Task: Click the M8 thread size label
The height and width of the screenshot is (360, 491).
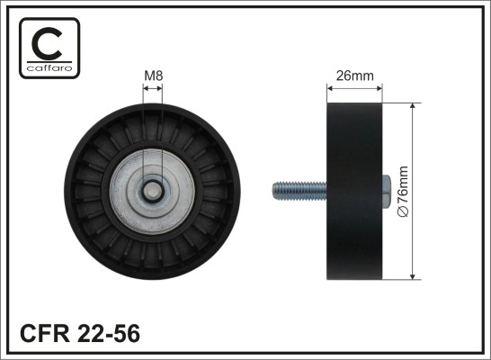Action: click(x=153, y=76)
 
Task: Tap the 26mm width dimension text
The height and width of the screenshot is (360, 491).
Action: click(x=354, y=76)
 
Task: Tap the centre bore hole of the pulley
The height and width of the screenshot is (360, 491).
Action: click(x=154, y=191)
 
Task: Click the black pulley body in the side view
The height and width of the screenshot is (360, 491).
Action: click(x=354, y=191)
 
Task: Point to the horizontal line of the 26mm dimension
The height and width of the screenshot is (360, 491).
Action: click(x=354, y=88)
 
